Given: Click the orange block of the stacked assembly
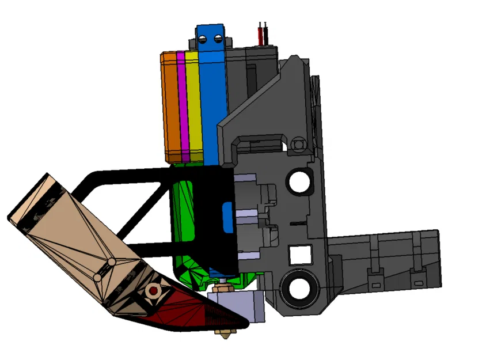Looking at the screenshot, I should (x=171, y=107).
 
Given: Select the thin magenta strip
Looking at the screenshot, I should (x=181, y=107).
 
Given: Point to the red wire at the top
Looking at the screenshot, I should (x=263, y=35).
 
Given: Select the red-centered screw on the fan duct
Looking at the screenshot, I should (x=153, y=291).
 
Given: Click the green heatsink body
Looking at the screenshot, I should (x=187, y=230).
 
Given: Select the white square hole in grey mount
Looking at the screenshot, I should (x=298, y=254).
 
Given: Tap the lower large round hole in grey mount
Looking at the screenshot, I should (x=299, y=286).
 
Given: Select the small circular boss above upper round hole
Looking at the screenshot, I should (x=298, y=143).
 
